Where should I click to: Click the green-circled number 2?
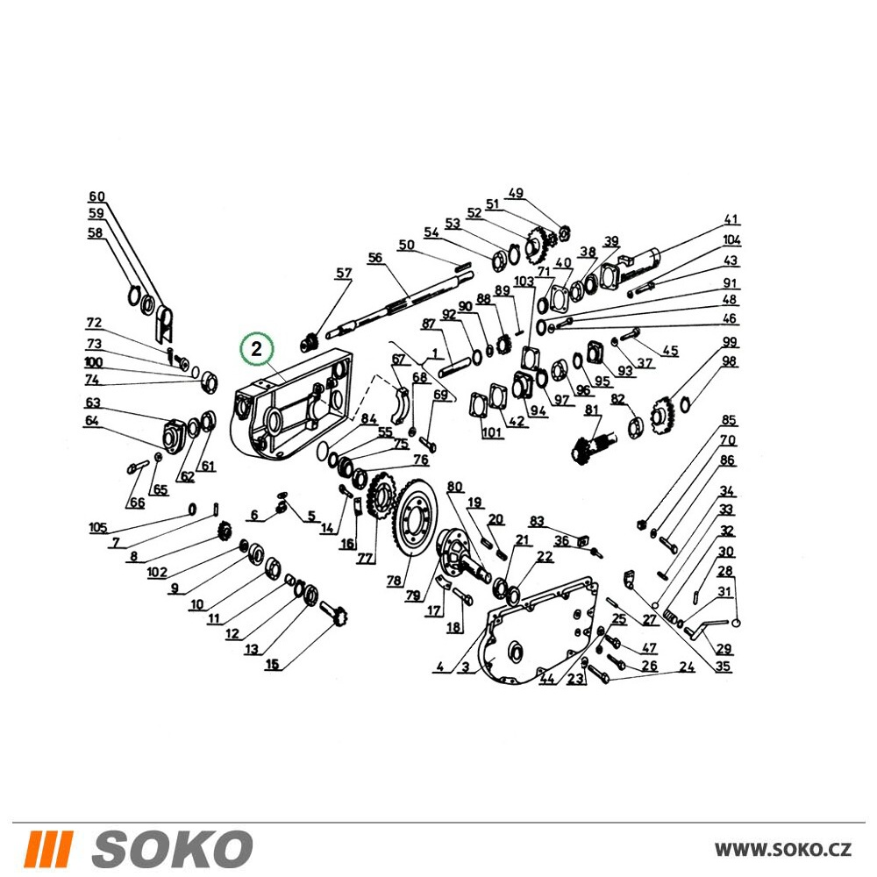(x=256, y=349)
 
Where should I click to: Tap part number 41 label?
(x=731, y=219)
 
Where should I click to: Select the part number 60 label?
(x=96, y=196)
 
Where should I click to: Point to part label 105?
(x=98, y=527)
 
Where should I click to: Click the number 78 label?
(x=394, y=581)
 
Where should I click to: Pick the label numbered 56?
(x=374, y=258)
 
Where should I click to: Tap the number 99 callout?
(x=730, y=342)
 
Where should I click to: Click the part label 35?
(x=723, y=667)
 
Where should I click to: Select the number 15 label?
(x=272, y=664)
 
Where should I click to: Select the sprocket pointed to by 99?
(x=664, y=415)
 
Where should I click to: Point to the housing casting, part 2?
(x=293, y=404)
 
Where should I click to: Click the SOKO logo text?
(x=172, y=849)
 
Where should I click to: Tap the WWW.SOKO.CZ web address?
(x=783, y=849)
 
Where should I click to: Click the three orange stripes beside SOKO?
(x=50, y=849)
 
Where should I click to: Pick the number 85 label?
(x=728, y=420)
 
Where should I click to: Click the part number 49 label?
(x=515, y=194)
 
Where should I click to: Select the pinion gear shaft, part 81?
(x=592, y=442)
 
